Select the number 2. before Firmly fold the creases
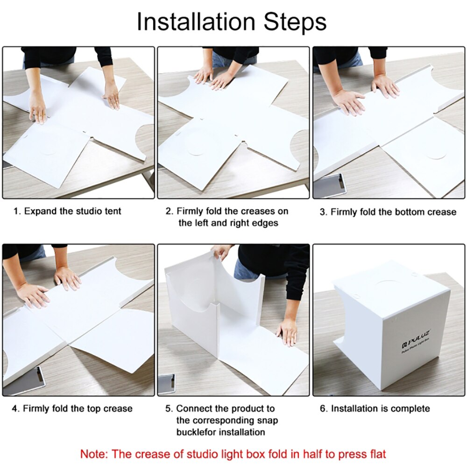click(x=170, y=212)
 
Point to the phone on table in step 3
click(x=330, y=185)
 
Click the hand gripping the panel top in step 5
click(x=221, y=253)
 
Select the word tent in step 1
click(x=112, y=212)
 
